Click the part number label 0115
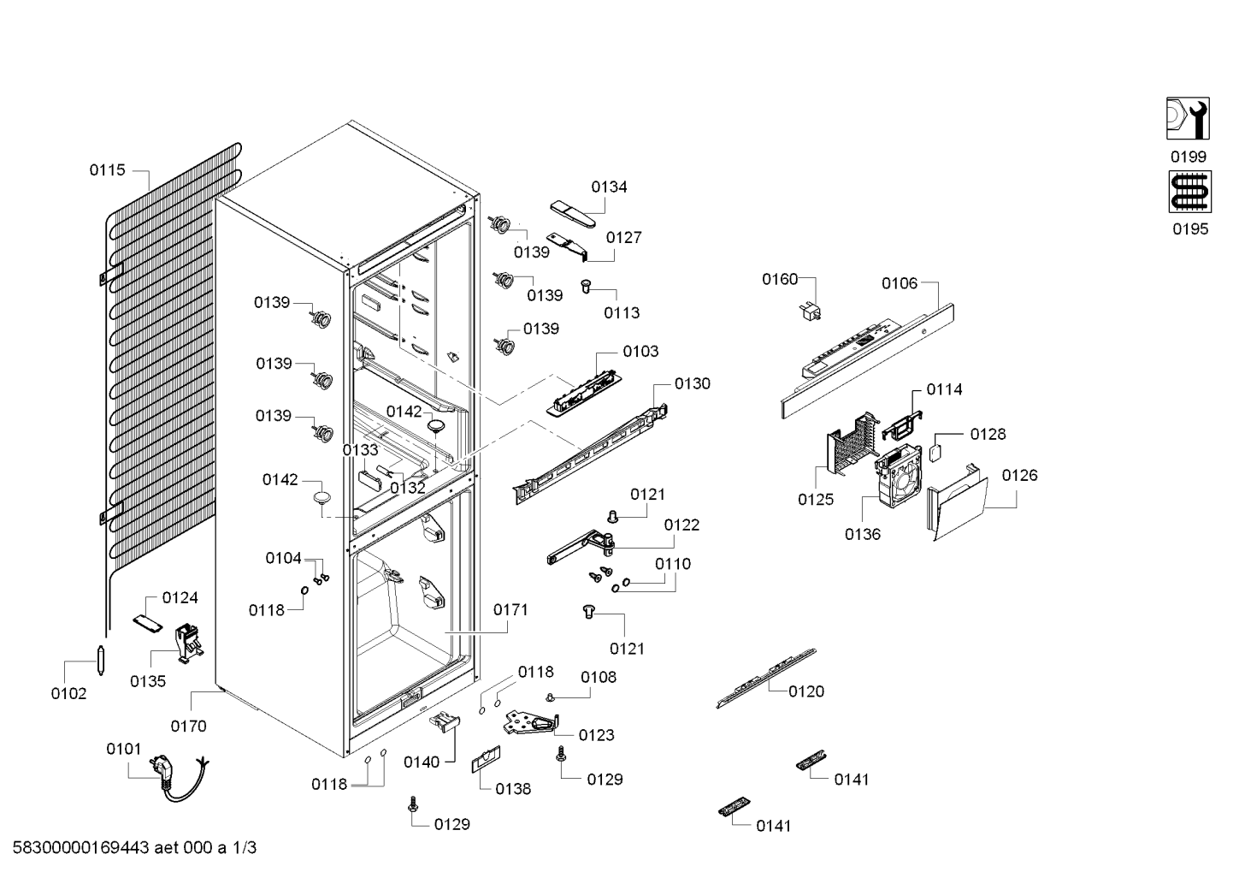point(108,170)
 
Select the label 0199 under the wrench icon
point(1189,157)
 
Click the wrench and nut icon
point(1188,118)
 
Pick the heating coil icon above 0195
point(1190,192)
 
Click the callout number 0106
point(900,284)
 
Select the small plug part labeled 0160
point(811,311)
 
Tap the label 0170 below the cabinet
point(188,727)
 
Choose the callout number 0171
point(510,610)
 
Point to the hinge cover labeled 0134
point(573,214)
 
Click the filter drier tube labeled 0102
point(101,660)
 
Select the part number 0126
point(1019,476)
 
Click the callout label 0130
point(693,383)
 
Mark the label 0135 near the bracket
point(148,681)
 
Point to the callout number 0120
point(805,691)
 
